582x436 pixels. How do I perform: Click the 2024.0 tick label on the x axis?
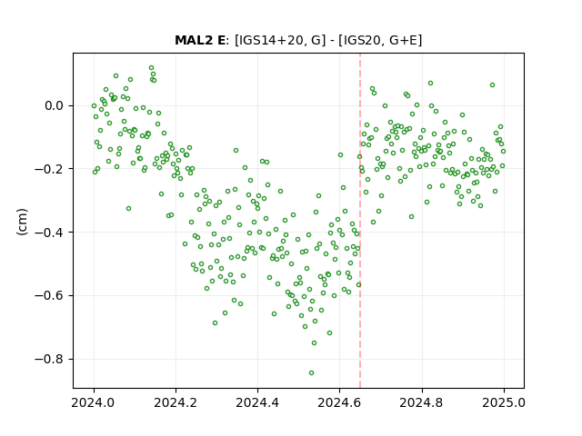coord(94,402)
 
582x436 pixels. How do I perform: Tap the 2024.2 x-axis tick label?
coord(176,402)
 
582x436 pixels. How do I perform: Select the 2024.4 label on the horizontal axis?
coord(257,402)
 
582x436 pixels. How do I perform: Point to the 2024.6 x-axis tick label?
coord(339,402)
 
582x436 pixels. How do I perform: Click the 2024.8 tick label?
coord(422,402)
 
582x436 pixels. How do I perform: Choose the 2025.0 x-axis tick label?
coord(504,402)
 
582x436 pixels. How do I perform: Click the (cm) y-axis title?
coord(22,222)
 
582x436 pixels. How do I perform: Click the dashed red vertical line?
coord(360,221)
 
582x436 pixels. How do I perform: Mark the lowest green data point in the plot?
coord(311,373)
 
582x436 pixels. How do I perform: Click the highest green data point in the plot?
coord(152,68)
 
